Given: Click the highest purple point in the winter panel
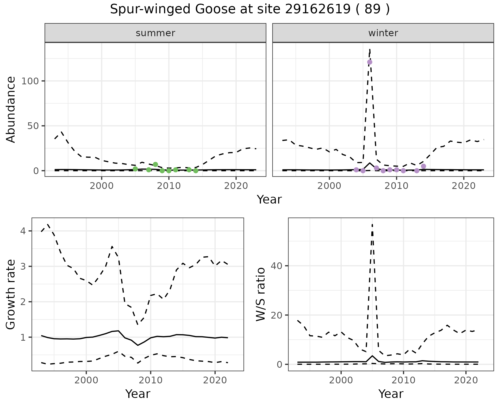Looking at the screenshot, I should pyautogui.click(x=370, y=62).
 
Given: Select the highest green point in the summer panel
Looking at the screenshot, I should pyautogui.click(x=155, y=164).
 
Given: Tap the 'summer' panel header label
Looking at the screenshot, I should pyautogui.click(x=155, y=33).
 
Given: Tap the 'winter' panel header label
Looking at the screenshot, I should pyautogui.click(x=383, y=33).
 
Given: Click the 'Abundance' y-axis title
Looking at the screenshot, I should pyautogui.click(x=11, y=110).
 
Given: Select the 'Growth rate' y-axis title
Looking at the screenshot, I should pyautogui.click(x=11, y=294).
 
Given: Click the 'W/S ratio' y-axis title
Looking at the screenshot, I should pyautogui.click(x=261, y=294).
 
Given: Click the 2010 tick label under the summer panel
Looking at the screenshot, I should pyautogui.click(x=169, y=186).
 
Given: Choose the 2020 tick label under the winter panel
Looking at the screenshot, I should pyautogui.click(x=464, y=186).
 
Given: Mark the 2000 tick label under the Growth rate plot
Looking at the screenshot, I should pyautogui.click(x=86, y=380).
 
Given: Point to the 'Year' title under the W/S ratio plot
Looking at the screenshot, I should pyautogui.click(x=391, y=394).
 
